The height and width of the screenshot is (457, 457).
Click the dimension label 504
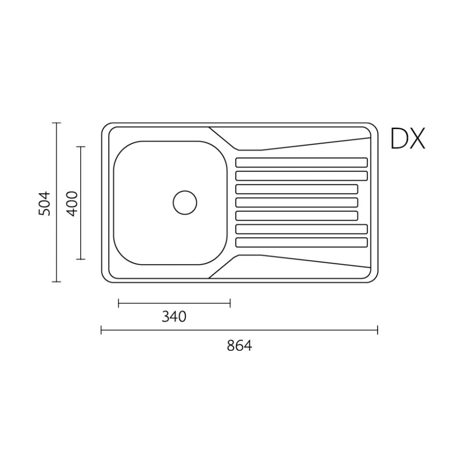[x=45, y=204]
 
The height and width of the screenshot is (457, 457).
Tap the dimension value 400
[x=72, y=204]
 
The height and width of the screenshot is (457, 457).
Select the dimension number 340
[x=174, y=316]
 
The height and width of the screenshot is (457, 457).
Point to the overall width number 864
[x=239, y=346]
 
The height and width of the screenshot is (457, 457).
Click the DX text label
[x=408, y=138]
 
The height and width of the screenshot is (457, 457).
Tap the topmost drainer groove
[x=301, y=162]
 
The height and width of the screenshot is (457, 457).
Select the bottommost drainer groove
[x=301, y=242]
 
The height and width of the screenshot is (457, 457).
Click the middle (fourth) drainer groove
[x=297, y=203]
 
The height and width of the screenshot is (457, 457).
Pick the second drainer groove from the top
[x=301, y=176]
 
